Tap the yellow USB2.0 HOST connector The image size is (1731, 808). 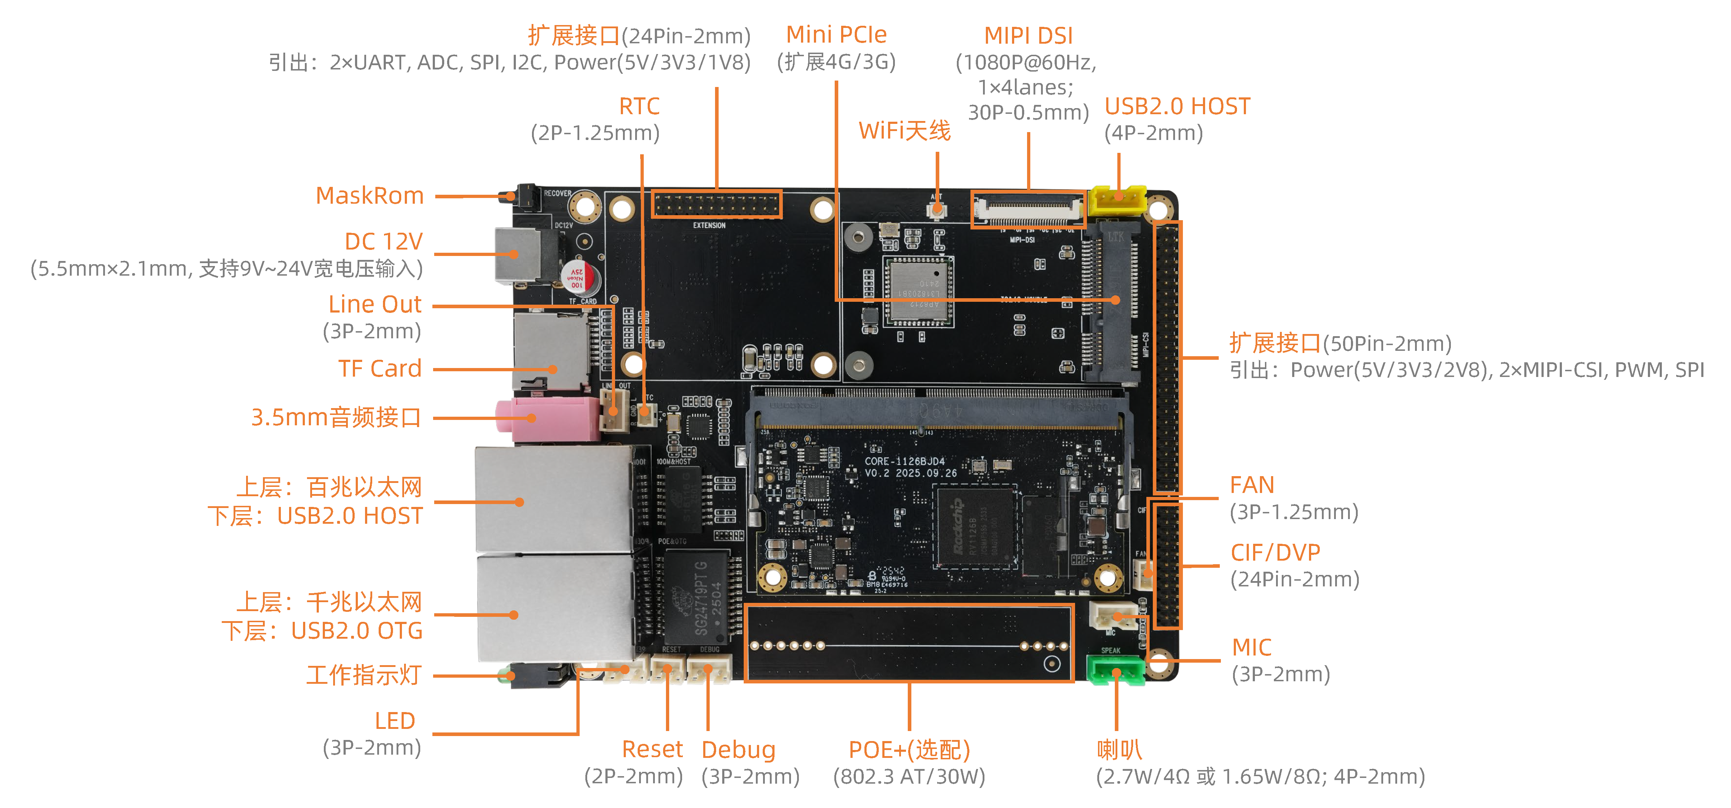1117,200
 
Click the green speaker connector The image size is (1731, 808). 1116,670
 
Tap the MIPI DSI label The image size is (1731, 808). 1028,35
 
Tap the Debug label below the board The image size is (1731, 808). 738,750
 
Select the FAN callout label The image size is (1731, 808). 1251,485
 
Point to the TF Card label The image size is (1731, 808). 380,369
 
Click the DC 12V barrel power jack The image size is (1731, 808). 521,255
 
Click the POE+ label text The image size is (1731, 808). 908,750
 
